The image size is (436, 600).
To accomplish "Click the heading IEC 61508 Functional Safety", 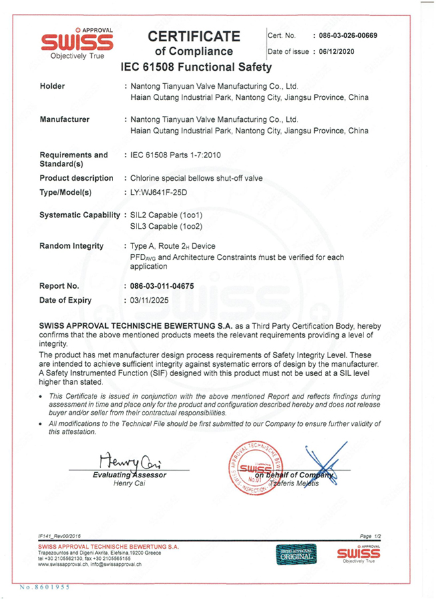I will (196, 67).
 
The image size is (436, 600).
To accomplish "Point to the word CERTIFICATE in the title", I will (194, 35).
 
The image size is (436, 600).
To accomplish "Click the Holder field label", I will (53, 87).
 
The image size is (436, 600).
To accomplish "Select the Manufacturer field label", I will (65, 119).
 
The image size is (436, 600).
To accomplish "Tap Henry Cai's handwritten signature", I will (127, 460).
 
